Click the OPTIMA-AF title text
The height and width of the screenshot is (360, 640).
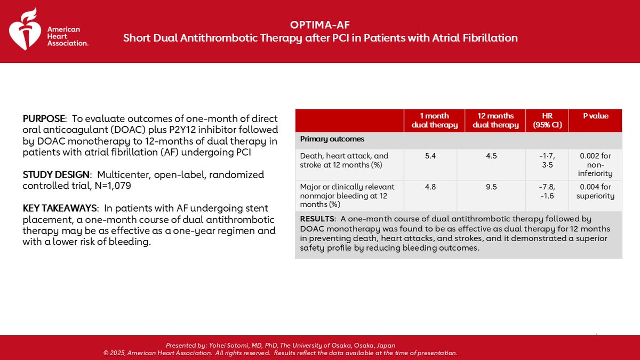pyautogui.click(x=320, y=25)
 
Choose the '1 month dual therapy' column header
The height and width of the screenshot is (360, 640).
pyautogui.click(x=435, y=121)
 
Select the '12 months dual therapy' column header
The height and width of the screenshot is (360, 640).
pyautogui.click(x=496, y=121)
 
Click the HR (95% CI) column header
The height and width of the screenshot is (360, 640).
pyautogui.click(x=548, y=121)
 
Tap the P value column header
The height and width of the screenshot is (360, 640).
pyautogui.click(x=596, y=116)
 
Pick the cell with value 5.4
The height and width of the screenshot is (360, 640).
pyautogui.click(x=434, y=156)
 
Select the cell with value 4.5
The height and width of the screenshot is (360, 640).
pyautogui.click(x=496, y=156)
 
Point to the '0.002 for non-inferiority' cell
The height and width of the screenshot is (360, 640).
pyautogui.click(x=596, y=164)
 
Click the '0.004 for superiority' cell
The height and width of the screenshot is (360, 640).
pyautogui.click(x=596, y=191)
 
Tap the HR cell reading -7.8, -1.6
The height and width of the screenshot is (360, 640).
pyautogui.click(x=548, y=191)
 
